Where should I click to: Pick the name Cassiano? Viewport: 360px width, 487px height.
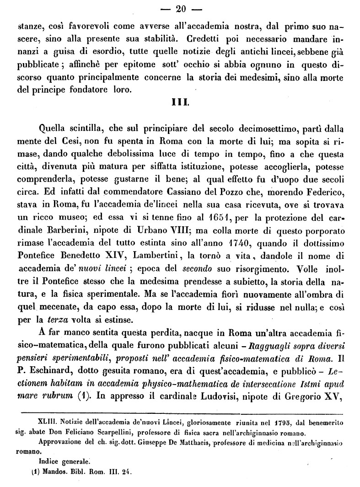pos(191,197)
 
